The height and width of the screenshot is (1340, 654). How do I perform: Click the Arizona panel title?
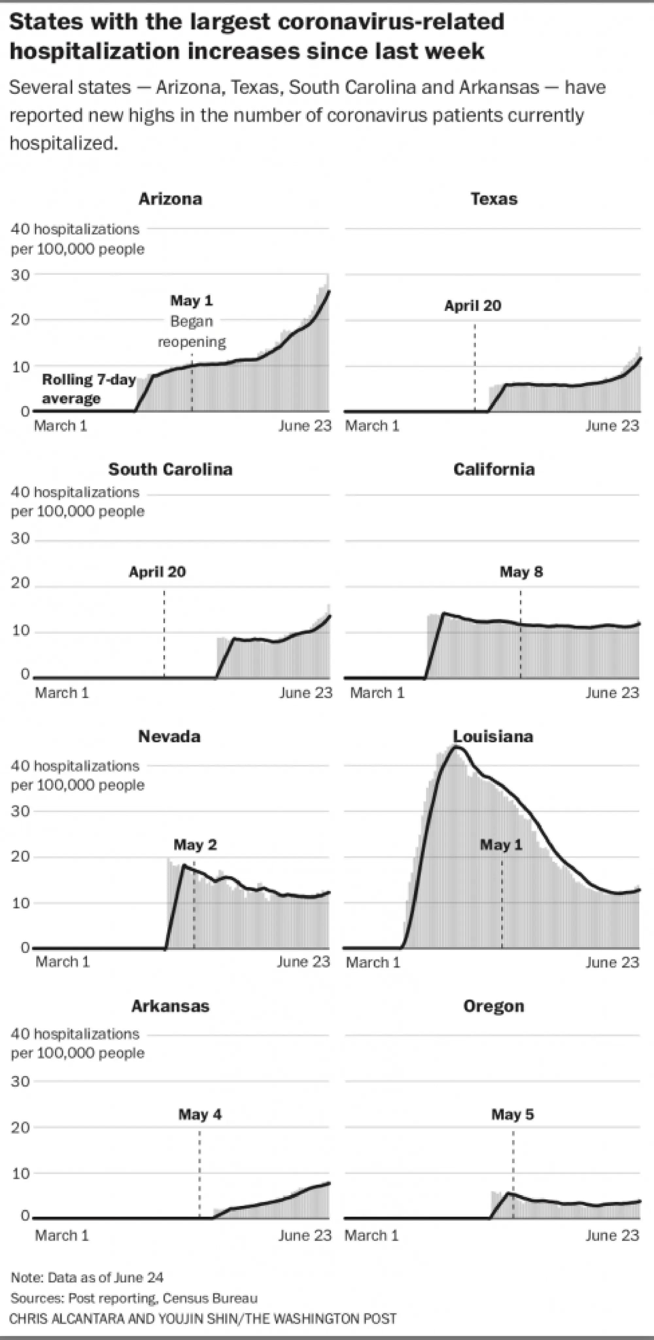(170, 199)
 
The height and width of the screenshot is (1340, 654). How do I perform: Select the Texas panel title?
(494, 199)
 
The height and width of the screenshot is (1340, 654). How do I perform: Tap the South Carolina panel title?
(170, 469)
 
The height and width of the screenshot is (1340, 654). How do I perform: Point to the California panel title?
(494, 469)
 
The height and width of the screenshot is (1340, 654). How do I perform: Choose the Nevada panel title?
(169, 737)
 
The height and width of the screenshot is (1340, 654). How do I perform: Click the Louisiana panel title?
(493, 737)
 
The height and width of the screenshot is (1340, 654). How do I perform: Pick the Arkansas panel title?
(170, 1006)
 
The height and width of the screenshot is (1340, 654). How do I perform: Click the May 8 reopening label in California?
(521, 572)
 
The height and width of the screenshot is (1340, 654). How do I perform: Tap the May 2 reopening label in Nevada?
(195, 845)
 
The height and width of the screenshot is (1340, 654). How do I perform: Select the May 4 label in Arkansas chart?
(200, 1115)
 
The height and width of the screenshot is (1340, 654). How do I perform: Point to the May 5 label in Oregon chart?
(512, 1115)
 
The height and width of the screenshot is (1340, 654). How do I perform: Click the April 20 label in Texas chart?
(473, 306)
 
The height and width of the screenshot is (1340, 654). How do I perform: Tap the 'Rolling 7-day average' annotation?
(88, 389)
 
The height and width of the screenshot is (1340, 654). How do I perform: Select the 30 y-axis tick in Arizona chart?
(20, 275)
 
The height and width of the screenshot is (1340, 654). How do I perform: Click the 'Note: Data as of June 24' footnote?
(87, 1278)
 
